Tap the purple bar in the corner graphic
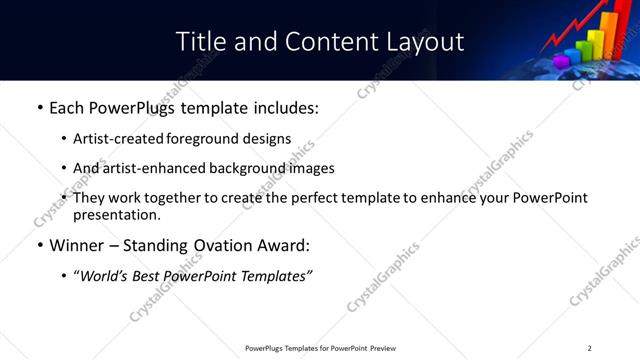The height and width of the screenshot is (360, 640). [x=563, y=58]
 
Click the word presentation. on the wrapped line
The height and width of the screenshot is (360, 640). [x=116, y=215]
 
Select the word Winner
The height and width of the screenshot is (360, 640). [x=79, y=245]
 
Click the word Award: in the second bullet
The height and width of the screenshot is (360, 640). [x=285, y=245]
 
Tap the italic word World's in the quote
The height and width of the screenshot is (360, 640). [x=106, y=276]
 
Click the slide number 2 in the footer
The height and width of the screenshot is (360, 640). [x=589, y=348]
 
